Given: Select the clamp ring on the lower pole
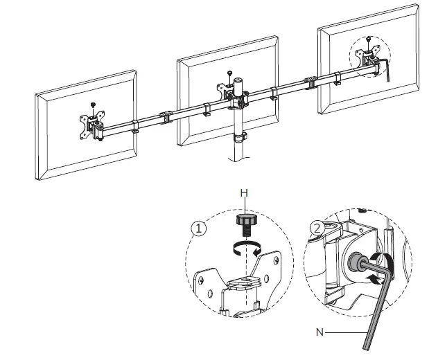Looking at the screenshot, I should (x=238, y=136).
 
